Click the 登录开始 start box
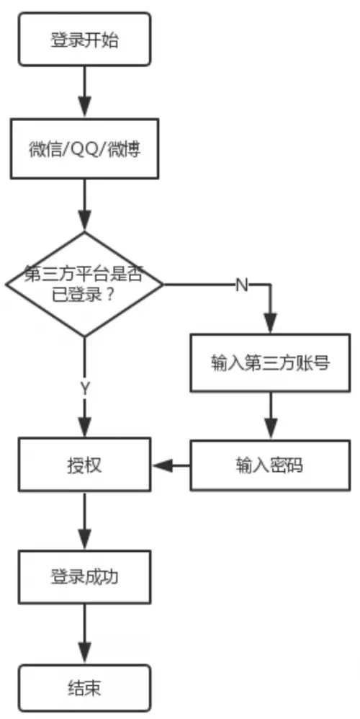(x=85, y=40)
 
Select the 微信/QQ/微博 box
(x=85, y=151)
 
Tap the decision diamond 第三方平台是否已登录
(x=85, y=285)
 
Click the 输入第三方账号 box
(x=271, y=363)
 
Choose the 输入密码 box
(x=271, y=465)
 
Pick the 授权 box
(x=85, y=465)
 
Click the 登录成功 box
(x=85, y=577)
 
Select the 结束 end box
(x=85, y=688)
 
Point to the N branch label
(x=242, y=285)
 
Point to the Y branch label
(x=85, y=388)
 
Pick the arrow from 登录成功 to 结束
(x=85, y=633)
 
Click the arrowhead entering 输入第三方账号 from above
(x=271, y=326)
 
